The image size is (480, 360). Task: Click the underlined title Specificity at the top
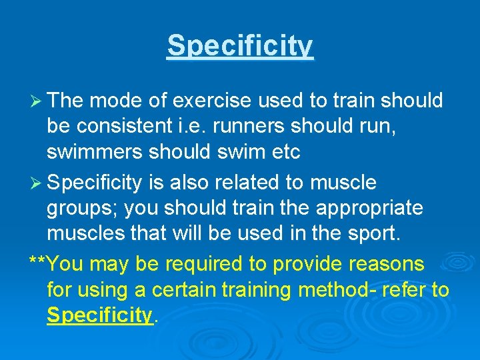click(x=240, y=45)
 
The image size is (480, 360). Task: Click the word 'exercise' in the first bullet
click(x=210, y=101)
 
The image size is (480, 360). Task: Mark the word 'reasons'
click(x=386, y=264)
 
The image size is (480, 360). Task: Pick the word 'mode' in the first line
click(x=111, y=101)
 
